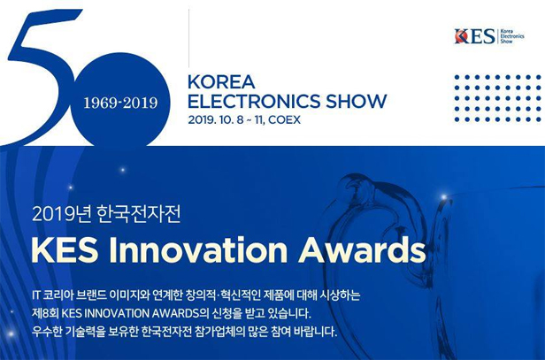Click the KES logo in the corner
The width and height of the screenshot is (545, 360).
click(x=489, y=36)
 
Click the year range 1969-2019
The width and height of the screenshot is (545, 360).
click(x=120, y=103)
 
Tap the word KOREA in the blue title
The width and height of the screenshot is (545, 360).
click(x=221, y=82)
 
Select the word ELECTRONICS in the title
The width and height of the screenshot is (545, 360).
click(x=254, y=101)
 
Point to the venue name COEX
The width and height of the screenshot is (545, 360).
click(x=284, y=120)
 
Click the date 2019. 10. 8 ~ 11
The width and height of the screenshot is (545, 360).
click(x=227, y=120)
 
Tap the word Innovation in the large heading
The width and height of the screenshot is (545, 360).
click(x=198, y=249)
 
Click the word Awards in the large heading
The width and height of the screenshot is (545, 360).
click(x=362, y=249)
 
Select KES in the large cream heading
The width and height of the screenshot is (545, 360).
click(x=65, y=249)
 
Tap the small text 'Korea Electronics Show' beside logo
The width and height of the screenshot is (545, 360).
click(x=512, y=36)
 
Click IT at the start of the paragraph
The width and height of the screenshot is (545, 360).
click(x=36, y=295)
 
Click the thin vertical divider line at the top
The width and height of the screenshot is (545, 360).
click(x=188, y=38)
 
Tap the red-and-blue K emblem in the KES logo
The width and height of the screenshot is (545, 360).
click(x=461, y=36)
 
